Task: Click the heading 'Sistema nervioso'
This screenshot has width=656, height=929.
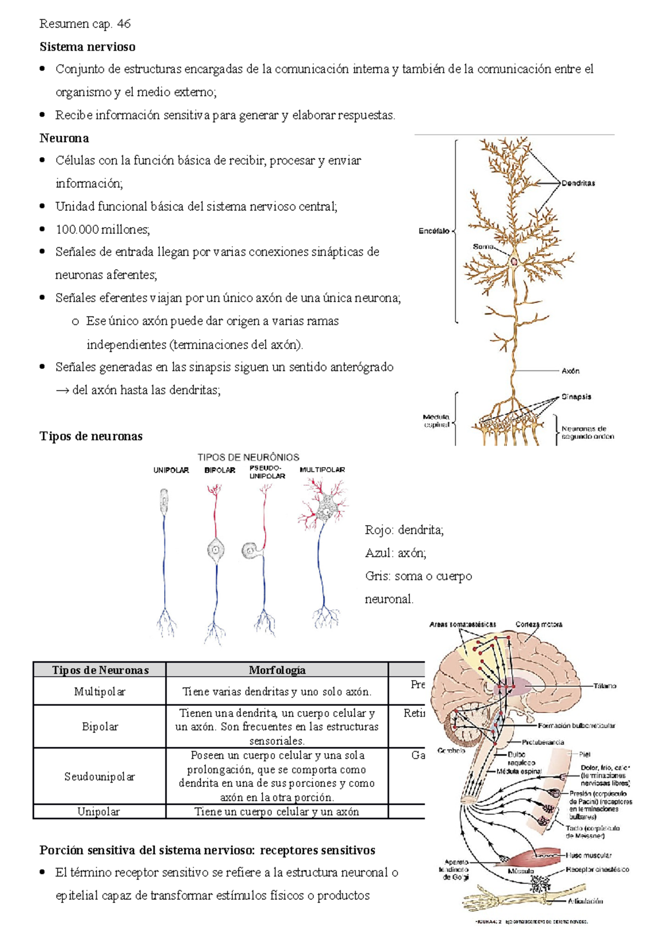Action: click(x=87, y=47)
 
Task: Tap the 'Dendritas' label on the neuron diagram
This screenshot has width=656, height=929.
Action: click(x=578, y=183)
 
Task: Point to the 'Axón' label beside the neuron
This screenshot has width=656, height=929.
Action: click(x=570, y=371)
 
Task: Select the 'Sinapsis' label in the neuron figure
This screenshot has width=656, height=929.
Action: click(x=576, y=397)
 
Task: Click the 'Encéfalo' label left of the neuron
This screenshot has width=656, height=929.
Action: click(x=434, y=231)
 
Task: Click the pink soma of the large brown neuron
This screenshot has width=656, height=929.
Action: click(x=514, y=261)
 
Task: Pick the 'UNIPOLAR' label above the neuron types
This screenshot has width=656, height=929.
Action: click(x=171, y=470)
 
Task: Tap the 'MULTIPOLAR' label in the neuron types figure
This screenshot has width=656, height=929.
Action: click(x=322, y=469)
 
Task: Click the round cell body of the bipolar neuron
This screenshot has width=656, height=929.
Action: click(x=216, y=549)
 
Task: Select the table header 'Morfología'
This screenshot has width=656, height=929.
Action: click(x=277, y=670)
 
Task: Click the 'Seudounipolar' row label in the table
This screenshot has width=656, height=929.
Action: click(x=99, y=776)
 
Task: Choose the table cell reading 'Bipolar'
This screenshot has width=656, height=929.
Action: click(x=99, y=727)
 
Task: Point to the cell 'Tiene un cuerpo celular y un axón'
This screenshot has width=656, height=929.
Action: click(x=277, y=811)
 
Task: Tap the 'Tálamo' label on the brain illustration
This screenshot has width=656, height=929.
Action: click(x=605, y=686)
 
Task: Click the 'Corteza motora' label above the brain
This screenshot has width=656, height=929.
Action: click(x=538, y=624)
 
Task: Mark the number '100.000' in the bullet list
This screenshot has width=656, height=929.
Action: click(x=77, y=229)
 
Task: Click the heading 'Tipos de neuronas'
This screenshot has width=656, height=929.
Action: click(x=91, y=436)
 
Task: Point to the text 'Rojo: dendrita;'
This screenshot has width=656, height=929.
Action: click(x=404, y=530)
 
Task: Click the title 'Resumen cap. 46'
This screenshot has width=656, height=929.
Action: click(x=85, y=24)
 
